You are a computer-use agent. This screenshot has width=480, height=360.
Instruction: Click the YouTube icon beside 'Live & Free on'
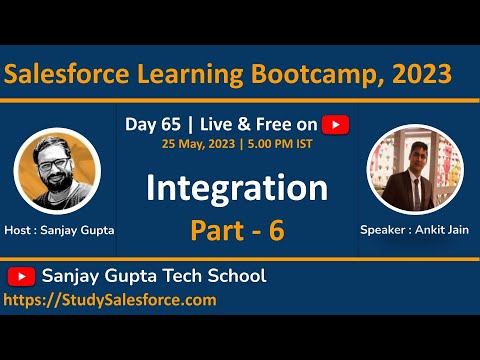point(336,124)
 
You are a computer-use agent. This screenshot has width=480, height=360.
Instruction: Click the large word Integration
point(237,187)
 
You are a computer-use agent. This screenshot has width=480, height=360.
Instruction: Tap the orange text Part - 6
point(237,229)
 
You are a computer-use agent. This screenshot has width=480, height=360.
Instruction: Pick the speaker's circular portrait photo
point(414,167)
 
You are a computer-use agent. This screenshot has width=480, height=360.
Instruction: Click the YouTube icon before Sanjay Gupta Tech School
point(21,276)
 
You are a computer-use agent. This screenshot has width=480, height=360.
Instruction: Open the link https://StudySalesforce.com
point(110,299)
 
